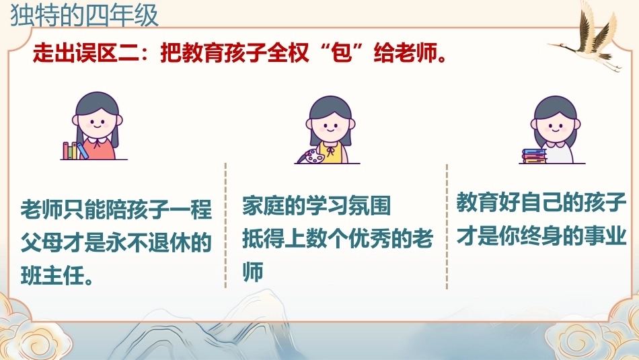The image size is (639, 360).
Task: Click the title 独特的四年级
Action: click(x=84, y=16)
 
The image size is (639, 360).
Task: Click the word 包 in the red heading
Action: click(x=342, y=52)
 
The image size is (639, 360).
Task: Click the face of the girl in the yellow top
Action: click(x=330, y=127)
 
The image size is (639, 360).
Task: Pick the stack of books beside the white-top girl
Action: click(x=534, y=156)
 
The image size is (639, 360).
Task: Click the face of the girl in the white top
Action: click(x=555, y=127)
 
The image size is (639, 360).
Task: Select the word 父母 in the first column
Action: click(x=42, y=242)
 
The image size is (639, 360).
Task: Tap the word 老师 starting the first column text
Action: click(x=42, y=209)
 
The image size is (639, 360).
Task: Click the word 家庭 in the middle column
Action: click(x=263, y=205)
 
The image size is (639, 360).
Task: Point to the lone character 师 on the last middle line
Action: click(x=253, y=271)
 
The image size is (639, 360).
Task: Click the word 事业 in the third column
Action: click(x=605, y=236)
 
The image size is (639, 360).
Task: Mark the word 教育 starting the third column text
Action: click(x=477, y=203)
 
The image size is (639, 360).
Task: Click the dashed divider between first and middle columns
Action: click(x=225, y=225)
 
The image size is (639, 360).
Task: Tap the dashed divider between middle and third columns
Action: click(x=447, y=227)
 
